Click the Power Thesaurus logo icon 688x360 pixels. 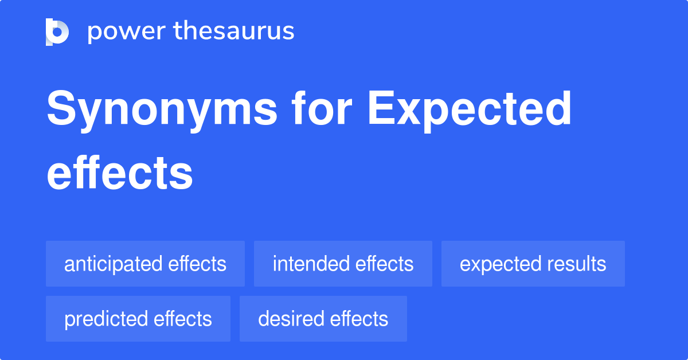pyautogui.click(x=57, y=32)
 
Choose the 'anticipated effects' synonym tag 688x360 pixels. pyautogui.click(x=145, y=264)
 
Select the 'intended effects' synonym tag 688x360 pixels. pyautogui.click(x=343, y=264)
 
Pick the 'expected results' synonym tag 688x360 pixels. pyautogui.click(x=533, y=264)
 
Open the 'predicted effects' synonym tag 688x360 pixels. pyautogui.click(x=138, y=319)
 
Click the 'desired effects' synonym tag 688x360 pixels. pyautogui.click(x=323, y=319)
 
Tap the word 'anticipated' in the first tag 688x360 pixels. pyautogui.click(x=113, y=264)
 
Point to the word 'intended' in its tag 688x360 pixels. pyautogui.click(x=311, y=264)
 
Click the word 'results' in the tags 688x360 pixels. pyautogui.click(x=578, y=264)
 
